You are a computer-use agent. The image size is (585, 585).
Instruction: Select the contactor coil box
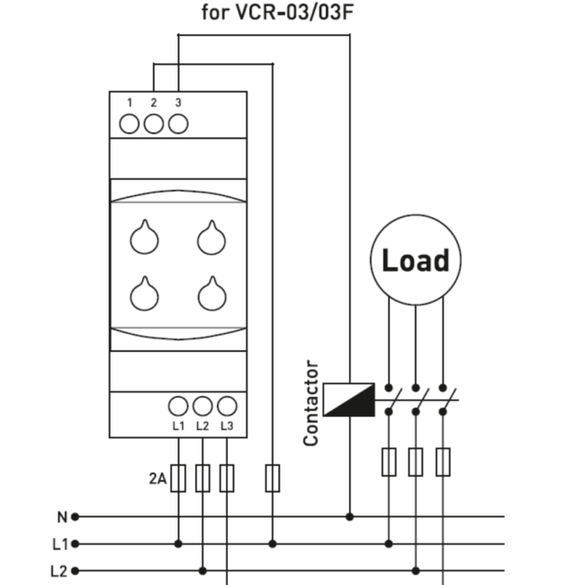(x=349, y=400)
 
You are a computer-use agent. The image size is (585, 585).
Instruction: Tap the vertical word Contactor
(x=310, y=403)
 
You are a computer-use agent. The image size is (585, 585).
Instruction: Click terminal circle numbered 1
(x=129, y=124)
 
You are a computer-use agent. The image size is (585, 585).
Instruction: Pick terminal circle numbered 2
(x=154, y=124)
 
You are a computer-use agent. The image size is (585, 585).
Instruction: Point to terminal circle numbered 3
(x=178, y=124)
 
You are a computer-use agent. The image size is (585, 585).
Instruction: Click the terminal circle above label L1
(x=178, y=406)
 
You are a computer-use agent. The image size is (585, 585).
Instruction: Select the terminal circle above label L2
(x=202, y=406)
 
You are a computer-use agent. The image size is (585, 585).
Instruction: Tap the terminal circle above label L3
(x=227, y=406)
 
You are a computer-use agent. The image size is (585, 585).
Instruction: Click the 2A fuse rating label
(x=157, y=478)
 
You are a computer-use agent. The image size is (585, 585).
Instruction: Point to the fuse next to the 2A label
(x=178, y=478)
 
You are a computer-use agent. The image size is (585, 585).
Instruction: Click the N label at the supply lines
(x=62, y=517)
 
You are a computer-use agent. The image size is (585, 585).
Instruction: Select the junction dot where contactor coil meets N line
(x=349, y=517)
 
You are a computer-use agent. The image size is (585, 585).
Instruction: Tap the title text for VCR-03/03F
(x=277, y=12)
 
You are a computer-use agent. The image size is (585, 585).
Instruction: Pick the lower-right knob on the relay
(x=211, y=294)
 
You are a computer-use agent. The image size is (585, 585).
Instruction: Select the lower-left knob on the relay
(x=144, y=294)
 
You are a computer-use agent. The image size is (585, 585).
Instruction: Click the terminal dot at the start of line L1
(x=75, y=544)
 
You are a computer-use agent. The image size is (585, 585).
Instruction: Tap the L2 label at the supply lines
(x=58, y=571)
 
